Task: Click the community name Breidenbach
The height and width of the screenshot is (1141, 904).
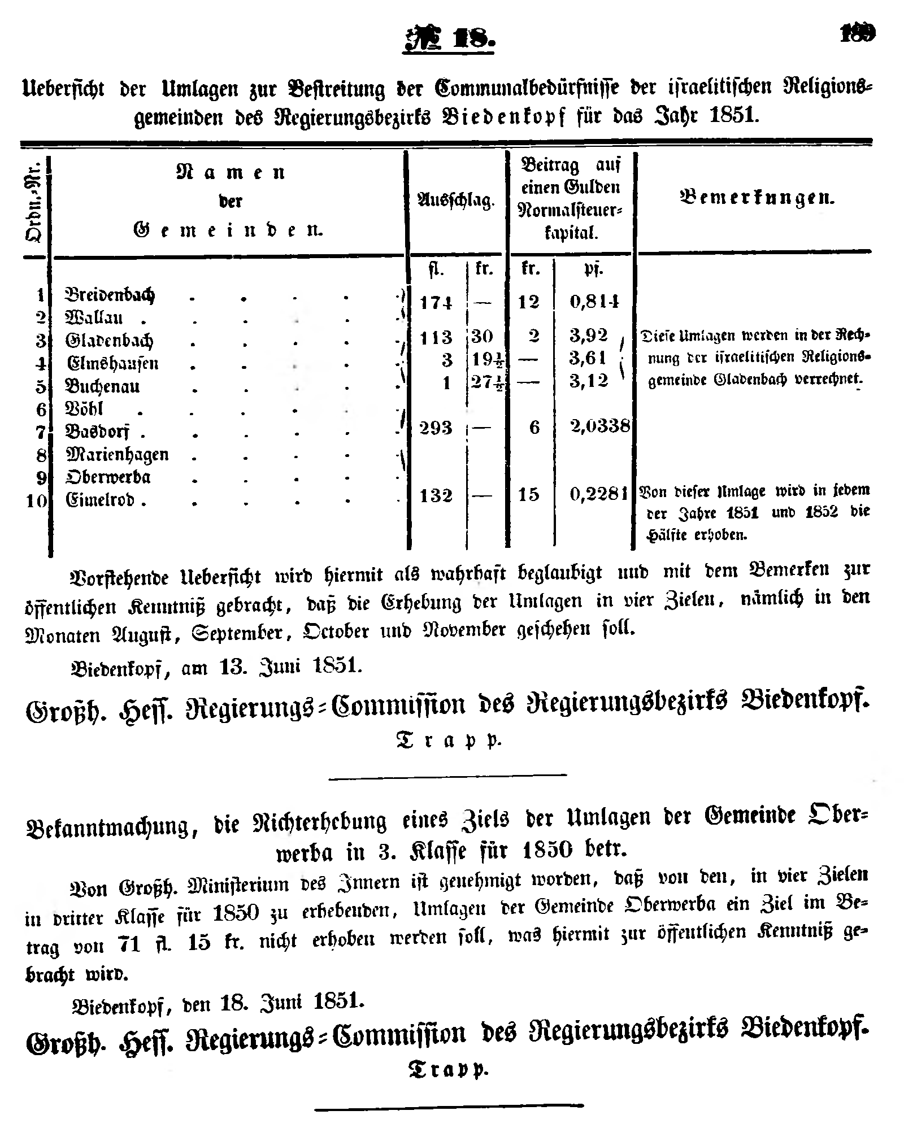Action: [x=110, y=295]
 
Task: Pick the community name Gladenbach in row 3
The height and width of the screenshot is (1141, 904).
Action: [x=109, y=341]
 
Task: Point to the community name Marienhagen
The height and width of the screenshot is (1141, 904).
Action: [x=117, y=455]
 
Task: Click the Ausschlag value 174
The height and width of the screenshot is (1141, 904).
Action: [x=436, y=303]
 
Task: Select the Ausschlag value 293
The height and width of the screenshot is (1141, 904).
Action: [x=436, y=428]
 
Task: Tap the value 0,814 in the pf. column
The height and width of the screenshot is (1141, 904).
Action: [x=595, y=302]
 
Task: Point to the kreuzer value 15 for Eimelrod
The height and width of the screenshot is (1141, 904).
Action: [x=529, y=495]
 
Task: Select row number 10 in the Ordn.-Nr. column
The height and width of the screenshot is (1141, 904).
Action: [x=37, y=501]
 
